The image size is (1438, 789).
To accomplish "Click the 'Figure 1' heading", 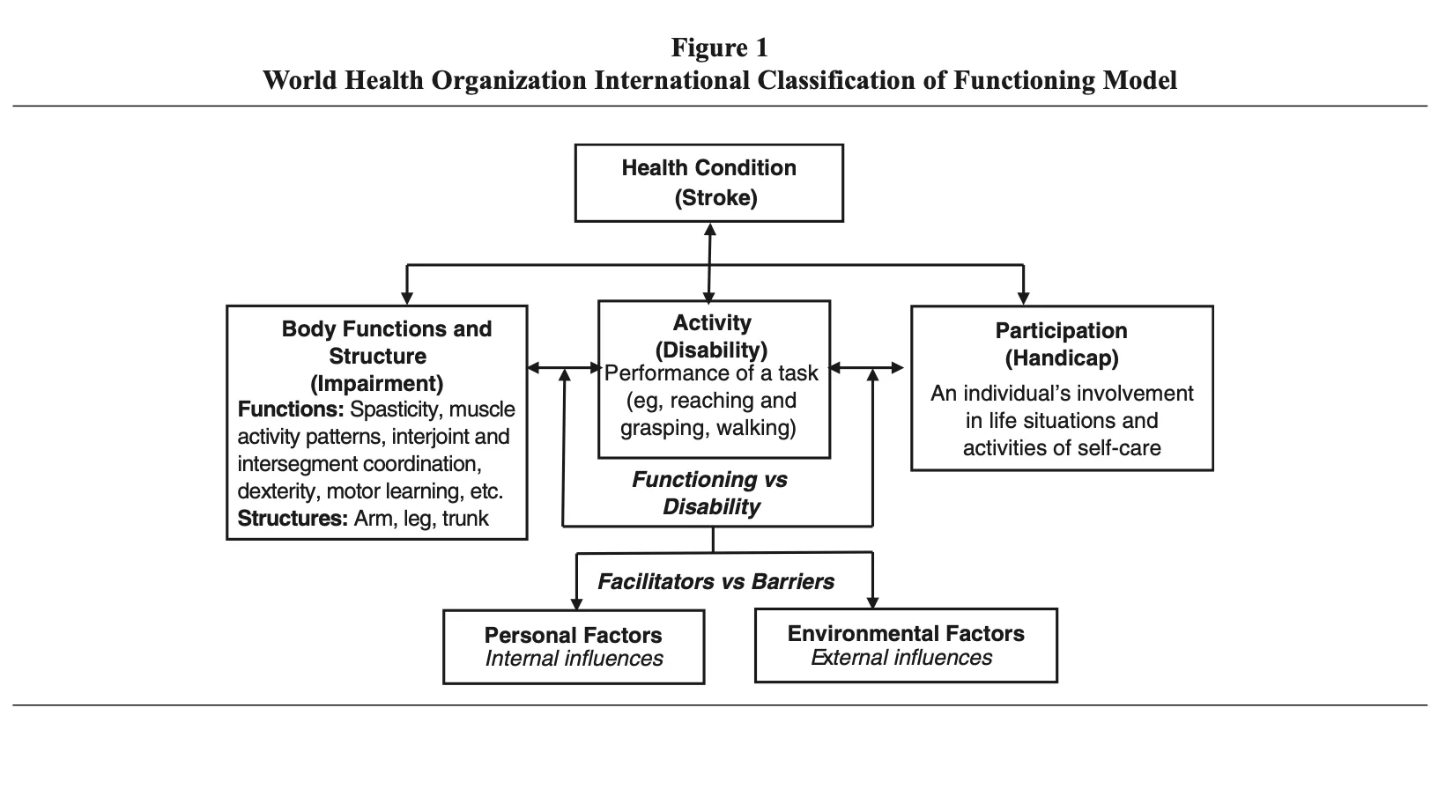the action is pyautogui.click(x=720, y=48).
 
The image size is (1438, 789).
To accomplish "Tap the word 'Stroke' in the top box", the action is pyautogui.click(x=715, y=197).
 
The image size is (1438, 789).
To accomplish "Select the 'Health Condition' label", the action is pyautogui.click(x=708, y=167).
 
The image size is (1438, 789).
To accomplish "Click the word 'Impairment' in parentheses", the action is pyautogui.click(x=377, y=384).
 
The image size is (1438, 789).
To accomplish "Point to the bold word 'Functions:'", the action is pyautogui.click(x=291, y=409).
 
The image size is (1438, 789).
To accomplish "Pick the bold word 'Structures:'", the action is pyautogui.click(x=293, y=519).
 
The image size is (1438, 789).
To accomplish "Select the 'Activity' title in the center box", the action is pyautogui.click(x=712, y=322).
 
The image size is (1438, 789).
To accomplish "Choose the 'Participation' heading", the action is pyautogui.click(x=1061, y=330).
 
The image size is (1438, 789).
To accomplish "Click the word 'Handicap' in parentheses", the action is pyautogui.click(x=1062, y=358).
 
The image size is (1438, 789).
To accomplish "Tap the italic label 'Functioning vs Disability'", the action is pyautogui.click(x=711, y=493).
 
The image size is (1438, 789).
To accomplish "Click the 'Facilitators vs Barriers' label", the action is pyautogui.click(x=715, y=581).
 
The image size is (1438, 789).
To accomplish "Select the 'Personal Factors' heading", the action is pyautogui.click(x=573, y=635).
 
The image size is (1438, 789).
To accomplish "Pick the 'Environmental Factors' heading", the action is pyautogui.click(x=906, y=634).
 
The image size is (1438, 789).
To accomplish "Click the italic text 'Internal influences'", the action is pyautogui.click(x=574, y=658).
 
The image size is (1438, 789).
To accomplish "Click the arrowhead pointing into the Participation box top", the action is pyautogui.click(x=1023, y=299).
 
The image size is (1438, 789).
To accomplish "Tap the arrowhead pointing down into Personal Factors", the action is pyautogui.click(x=576, y=603).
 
